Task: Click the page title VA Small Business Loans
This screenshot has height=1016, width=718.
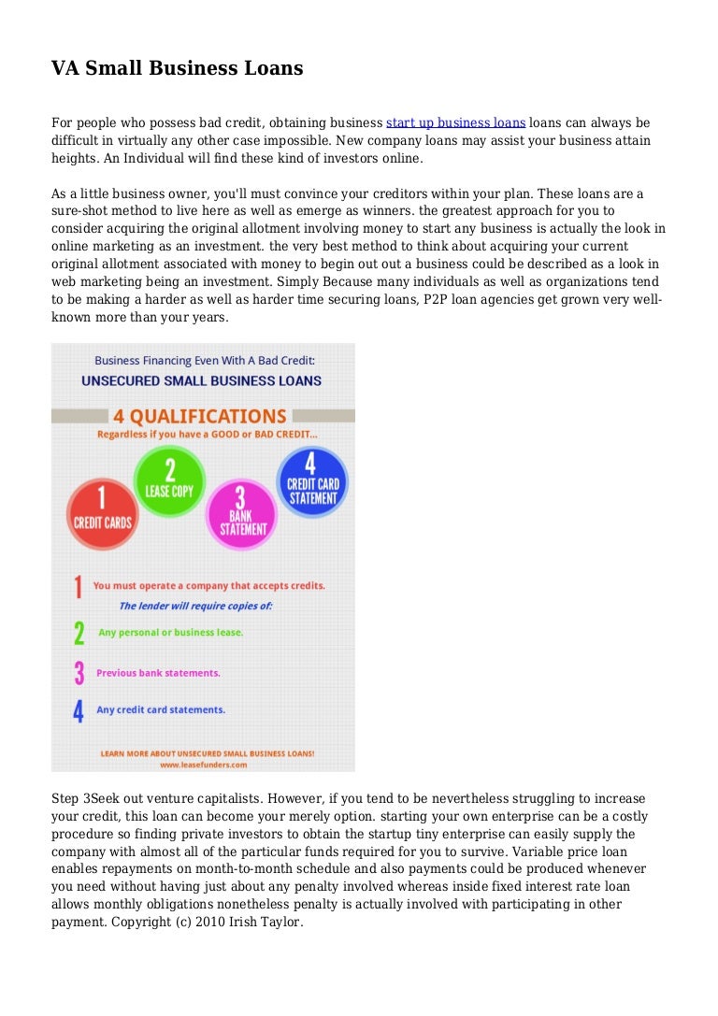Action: [177, 68]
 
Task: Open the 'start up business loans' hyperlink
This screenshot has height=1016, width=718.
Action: [455, 122]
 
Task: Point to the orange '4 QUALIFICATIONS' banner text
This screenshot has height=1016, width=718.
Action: [200, 416]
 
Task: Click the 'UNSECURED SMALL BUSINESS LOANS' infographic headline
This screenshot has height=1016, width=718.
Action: [201, 380]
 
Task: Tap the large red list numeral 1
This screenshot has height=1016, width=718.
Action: [79, 586]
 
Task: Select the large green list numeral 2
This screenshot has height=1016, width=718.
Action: [79, 633]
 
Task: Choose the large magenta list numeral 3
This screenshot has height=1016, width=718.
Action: [79, 672]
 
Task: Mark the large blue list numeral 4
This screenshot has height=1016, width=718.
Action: [79, 710]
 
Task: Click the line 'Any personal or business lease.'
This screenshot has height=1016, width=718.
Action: [170, 633]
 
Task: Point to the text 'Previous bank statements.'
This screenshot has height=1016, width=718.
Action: [158, 672]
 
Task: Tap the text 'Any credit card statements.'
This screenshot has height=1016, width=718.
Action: [161, 709]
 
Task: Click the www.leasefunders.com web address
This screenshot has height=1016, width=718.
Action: [203, 764]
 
